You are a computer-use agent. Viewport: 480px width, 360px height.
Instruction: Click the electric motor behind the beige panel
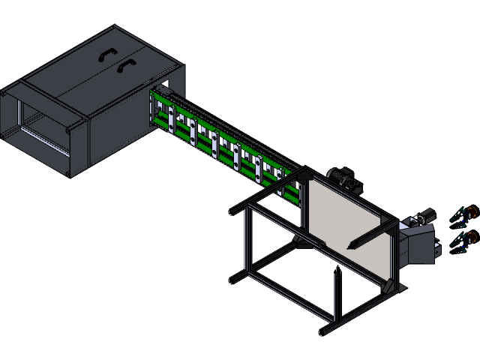[x=344, y=178]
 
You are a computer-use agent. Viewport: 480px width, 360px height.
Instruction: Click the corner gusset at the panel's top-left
[x=304, y=178]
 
